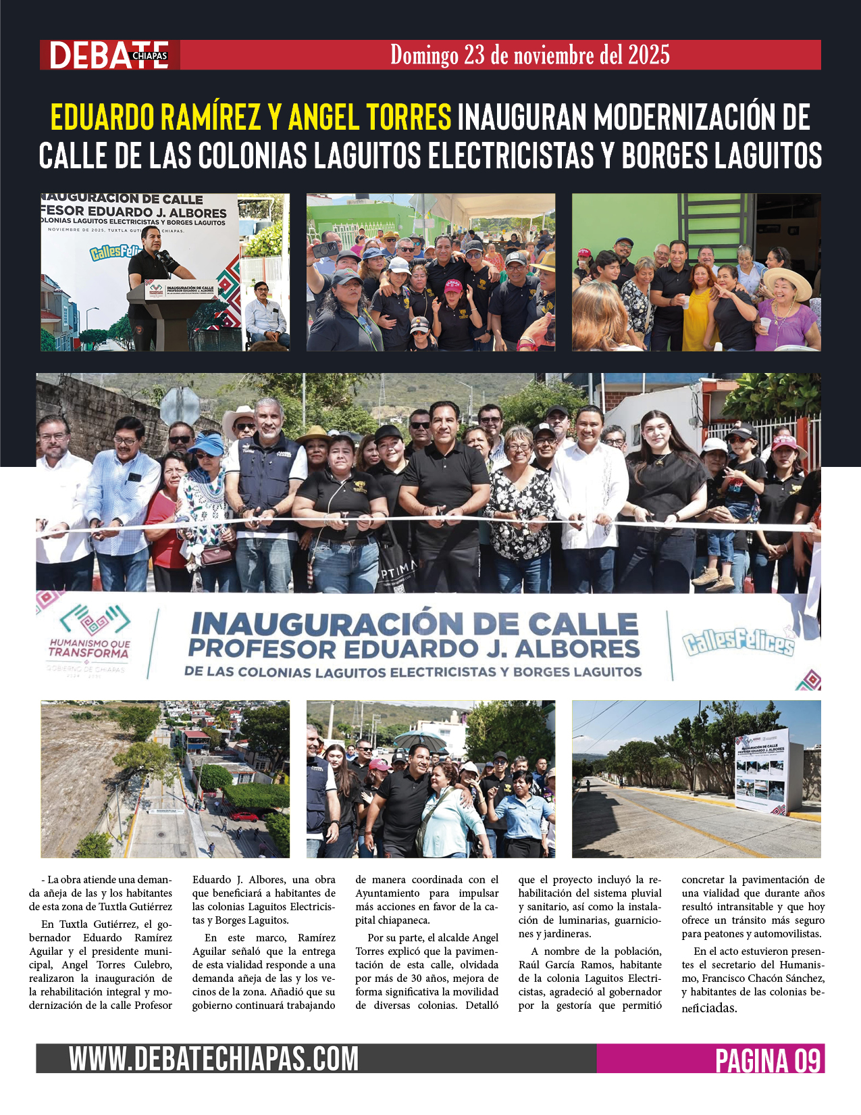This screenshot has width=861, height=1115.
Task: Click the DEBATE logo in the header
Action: click(108, 55)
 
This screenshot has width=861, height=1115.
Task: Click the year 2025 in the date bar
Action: click(648, 55)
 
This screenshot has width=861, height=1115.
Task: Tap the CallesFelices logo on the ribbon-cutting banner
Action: click(737, 643)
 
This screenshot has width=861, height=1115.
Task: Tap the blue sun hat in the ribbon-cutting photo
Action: click(207, 444)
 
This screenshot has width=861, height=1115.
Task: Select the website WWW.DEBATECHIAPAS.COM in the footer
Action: click(213, 1058)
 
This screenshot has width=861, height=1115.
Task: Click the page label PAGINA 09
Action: click(767, 1060)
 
